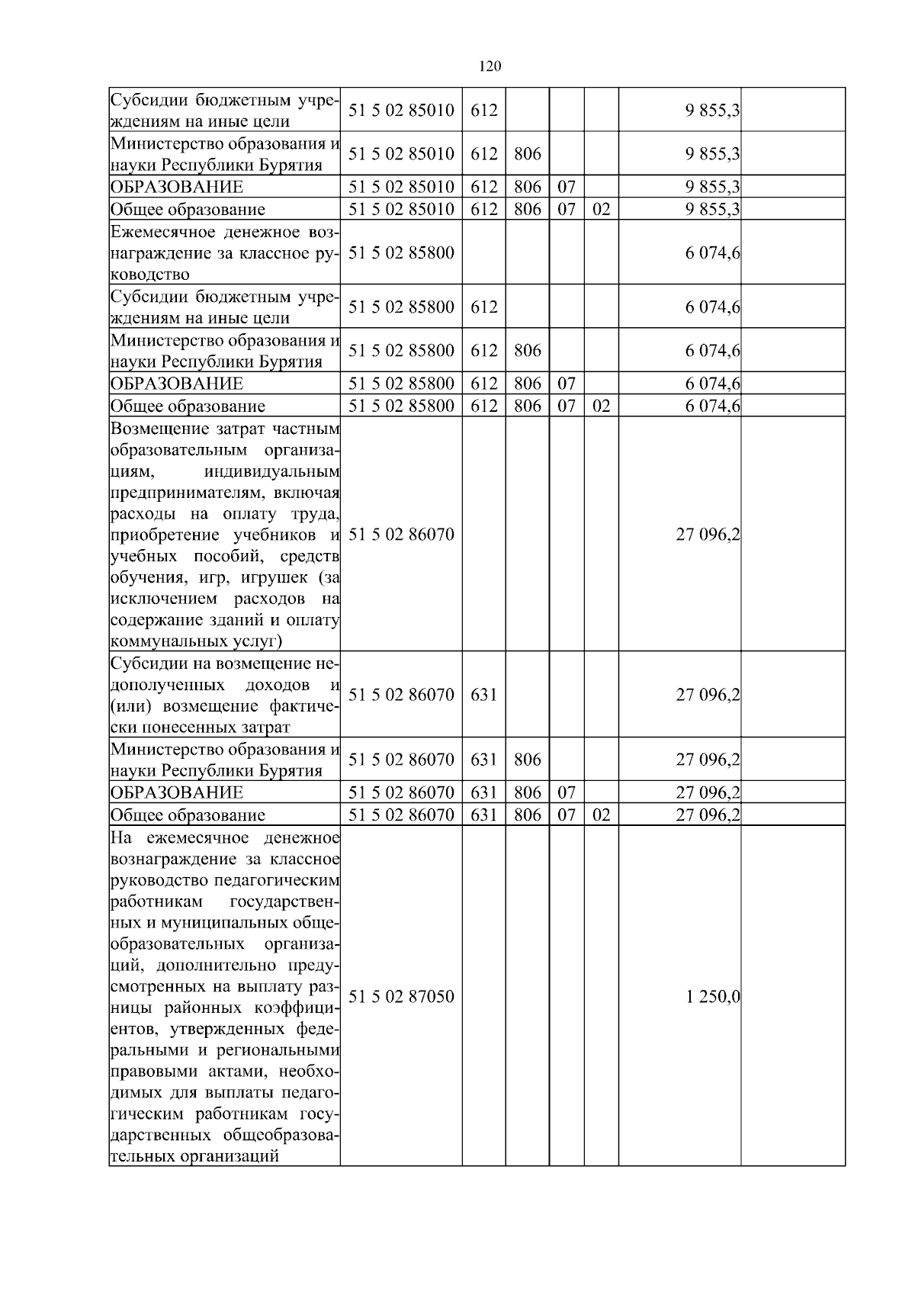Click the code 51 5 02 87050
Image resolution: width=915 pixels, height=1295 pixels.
(x=401, y=996)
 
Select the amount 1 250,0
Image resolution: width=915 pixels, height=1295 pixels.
(x=713, y=996)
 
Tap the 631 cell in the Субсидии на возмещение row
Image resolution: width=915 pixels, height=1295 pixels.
(x=484, y=695)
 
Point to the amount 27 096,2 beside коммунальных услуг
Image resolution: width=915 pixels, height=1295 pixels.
(x=708, y=535)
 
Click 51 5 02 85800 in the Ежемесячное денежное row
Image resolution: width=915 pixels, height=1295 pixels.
(x=401, y=252)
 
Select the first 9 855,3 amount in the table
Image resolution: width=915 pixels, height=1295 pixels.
(x=713, y=110)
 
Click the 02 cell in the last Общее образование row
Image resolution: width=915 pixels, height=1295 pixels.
(x=601, y=815)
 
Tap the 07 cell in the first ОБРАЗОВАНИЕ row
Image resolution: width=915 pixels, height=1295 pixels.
(x=566, y=187)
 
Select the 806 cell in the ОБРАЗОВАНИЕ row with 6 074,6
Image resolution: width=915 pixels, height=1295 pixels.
(x=527, y=384)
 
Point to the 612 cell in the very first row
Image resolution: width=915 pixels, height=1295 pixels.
(x=484, y=110)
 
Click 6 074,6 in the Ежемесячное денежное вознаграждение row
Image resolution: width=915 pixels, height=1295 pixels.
(x=713, y=252)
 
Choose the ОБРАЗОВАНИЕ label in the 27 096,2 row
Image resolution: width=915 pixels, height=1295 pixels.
(x=177, y=792)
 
